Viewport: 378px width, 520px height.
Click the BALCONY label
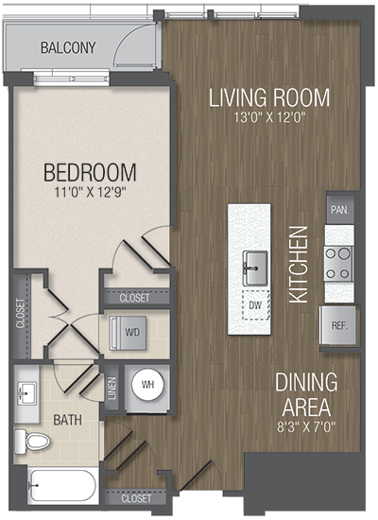point(68,47)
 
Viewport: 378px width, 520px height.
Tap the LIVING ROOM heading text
point(269,97)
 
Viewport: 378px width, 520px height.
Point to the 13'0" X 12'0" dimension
point(269,117)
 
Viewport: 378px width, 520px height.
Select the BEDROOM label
point(90,172)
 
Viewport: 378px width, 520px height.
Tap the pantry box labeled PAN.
point(340,210)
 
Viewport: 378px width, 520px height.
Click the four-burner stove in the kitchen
point(338,264)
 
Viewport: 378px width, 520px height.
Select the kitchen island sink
point(255,268)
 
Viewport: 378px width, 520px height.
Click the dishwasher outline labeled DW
point(256,304)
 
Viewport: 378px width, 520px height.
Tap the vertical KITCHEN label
point(299,265)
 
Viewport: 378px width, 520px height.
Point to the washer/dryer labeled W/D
point(129,333)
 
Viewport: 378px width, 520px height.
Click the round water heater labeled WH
point(147,385)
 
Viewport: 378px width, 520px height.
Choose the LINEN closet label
point(112,388)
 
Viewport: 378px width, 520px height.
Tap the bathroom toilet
point(32,442)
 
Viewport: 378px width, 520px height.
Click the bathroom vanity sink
point(27,392)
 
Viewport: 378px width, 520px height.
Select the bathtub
point(62,486)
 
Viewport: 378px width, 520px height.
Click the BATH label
point(68,420)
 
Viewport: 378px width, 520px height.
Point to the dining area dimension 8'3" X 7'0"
point(306,426)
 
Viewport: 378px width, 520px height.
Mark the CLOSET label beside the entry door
point(136,498)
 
